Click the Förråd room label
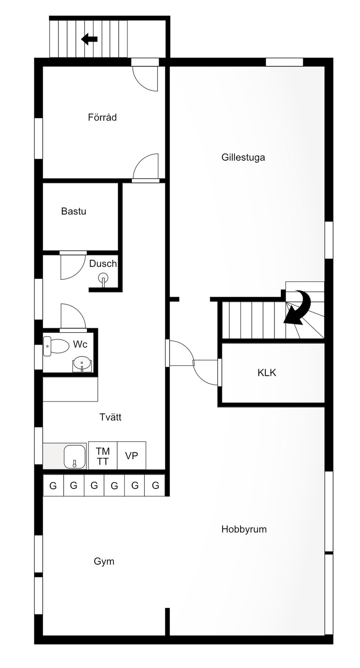tap(102, 117)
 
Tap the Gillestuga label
tap(243, 158)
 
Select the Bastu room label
tap(73, 211)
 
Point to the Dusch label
tap(103, 264)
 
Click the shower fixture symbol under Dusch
tap(103, 279)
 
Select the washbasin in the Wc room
tap(82, 364)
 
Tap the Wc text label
tap(80, 344)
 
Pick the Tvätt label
tap(110, 417)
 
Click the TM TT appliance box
tap(103, 456)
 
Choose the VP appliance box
tap(131, 456)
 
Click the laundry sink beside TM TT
tap(75, 457)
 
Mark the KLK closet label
tap(267, 373)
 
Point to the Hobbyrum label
tap(244, 529)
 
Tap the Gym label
tap(104, 561)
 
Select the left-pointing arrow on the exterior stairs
tap(89, 39)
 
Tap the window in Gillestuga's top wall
tap(284, 62)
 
